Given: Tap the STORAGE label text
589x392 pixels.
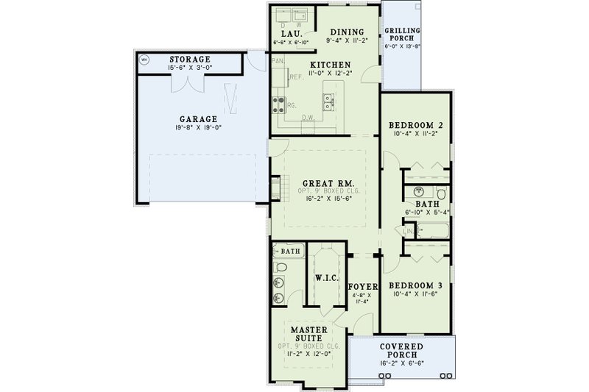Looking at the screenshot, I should pos(191,58).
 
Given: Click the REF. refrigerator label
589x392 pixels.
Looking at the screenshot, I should pos(297,76).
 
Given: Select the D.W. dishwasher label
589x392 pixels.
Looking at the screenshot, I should pos(308,117).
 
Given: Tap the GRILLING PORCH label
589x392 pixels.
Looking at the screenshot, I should pos(403,35).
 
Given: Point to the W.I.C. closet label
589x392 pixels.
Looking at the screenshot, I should pos(325,279).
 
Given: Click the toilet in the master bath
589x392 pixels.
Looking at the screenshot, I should pos(281,266).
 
